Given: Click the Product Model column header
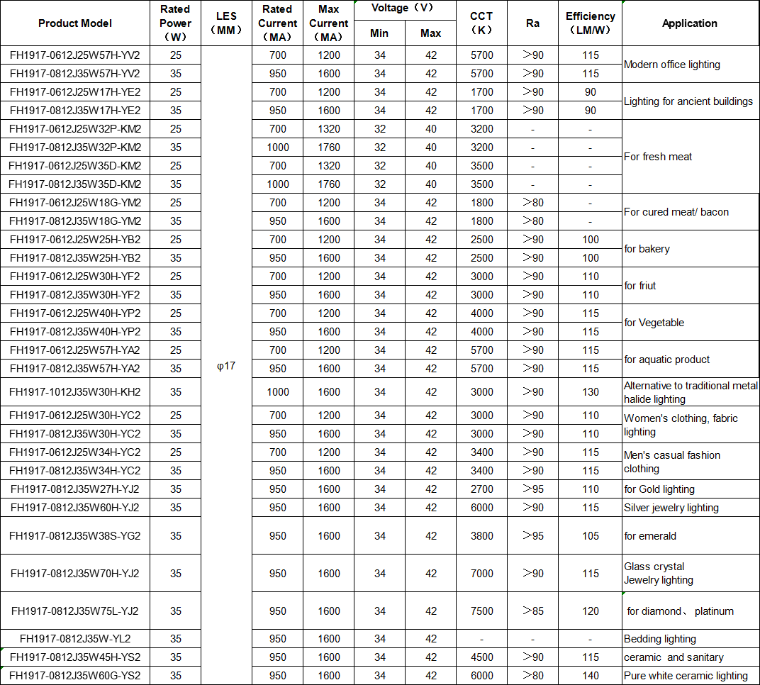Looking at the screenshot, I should coord(75,23).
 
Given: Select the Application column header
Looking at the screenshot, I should coord(689,23).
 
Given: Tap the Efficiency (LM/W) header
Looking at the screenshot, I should coord(590,23).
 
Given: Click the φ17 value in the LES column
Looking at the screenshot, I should coord(225,366).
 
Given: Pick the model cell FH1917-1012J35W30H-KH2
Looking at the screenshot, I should coord(75,392).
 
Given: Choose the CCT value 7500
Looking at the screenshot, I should coord(481,611).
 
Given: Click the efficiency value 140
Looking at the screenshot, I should coord(591,676).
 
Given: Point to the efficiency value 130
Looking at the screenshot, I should coord(591,392).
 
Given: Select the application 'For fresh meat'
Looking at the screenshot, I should coord(658,157).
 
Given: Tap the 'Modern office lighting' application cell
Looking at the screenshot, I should coord(671,65).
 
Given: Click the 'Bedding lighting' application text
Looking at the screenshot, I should coord(659,639).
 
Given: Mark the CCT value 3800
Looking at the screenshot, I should coord(481,536).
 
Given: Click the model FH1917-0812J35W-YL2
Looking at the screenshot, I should coord(75,639).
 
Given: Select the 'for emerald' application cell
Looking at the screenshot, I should coord(650,536).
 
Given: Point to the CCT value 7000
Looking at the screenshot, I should coord(481,574).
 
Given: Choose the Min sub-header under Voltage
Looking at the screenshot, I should coord(379,33).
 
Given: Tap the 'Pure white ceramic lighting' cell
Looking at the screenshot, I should coord(686,676).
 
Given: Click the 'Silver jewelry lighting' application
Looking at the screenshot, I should coord(671,508).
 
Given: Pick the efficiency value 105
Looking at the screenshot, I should coord(591,536).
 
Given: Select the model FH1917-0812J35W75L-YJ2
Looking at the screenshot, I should coord(75,611).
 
